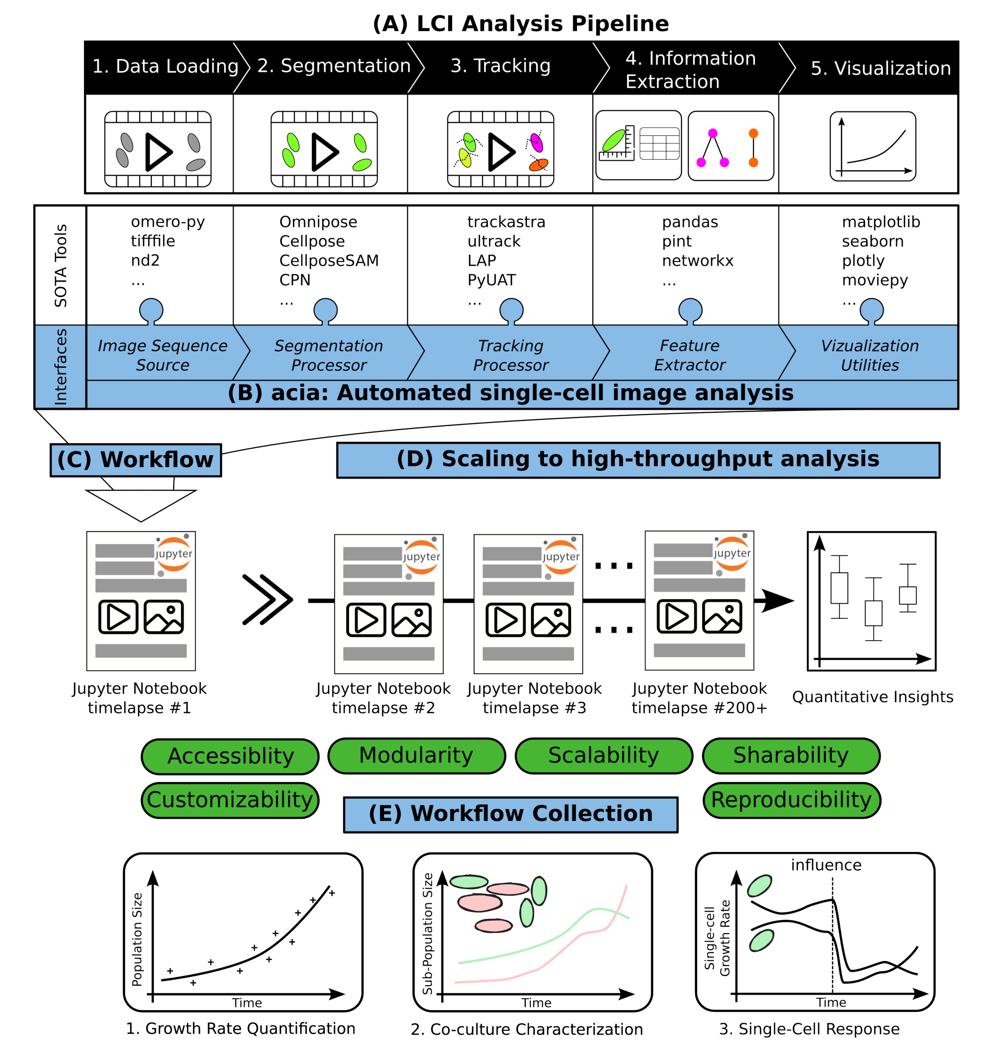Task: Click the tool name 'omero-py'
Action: pos(168,222)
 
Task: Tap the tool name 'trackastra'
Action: pos(506,222)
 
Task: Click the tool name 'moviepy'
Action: pos(875,280)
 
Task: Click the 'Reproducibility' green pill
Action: pos(791,800)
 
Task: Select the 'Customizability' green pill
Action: pos(230,800)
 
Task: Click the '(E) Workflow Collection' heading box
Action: pos(511,814)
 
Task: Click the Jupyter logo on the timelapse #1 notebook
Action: pos(174,554)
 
